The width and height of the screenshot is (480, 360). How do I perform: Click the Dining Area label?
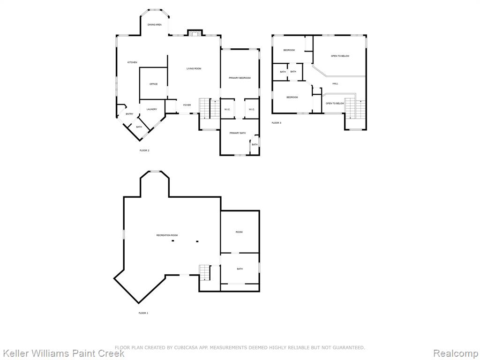[155, 25]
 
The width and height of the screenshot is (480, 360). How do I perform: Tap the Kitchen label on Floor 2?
[132, 62]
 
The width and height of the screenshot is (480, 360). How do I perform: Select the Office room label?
[153, 84]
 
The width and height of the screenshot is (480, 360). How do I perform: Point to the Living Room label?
[194, 68]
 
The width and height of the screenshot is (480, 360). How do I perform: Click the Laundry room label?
[152, 109]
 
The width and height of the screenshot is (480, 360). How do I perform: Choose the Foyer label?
[187, 105]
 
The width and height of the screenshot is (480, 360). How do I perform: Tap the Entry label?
[129, 114]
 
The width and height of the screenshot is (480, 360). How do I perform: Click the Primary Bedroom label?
[240, 78]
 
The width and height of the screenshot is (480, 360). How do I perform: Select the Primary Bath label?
[238, 133]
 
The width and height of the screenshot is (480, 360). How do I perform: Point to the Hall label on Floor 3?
[336, 83]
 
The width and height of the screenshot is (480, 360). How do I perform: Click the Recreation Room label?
[167, 235]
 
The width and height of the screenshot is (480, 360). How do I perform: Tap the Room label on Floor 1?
[239, 232]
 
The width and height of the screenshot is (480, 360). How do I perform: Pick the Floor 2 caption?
[144, 150]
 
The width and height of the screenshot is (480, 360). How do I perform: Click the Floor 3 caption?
[277, 123]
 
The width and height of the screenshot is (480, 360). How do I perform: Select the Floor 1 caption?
[143, 313]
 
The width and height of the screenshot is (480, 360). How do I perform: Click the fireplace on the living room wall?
[195, 33]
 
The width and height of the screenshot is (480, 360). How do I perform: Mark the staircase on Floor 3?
[356, 109]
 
